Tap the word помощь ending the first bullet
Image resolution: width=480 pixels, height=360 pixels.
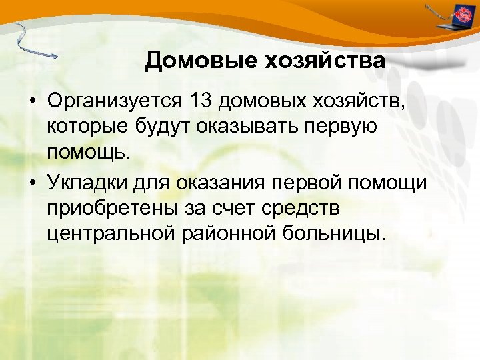[x=85, y=154]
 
